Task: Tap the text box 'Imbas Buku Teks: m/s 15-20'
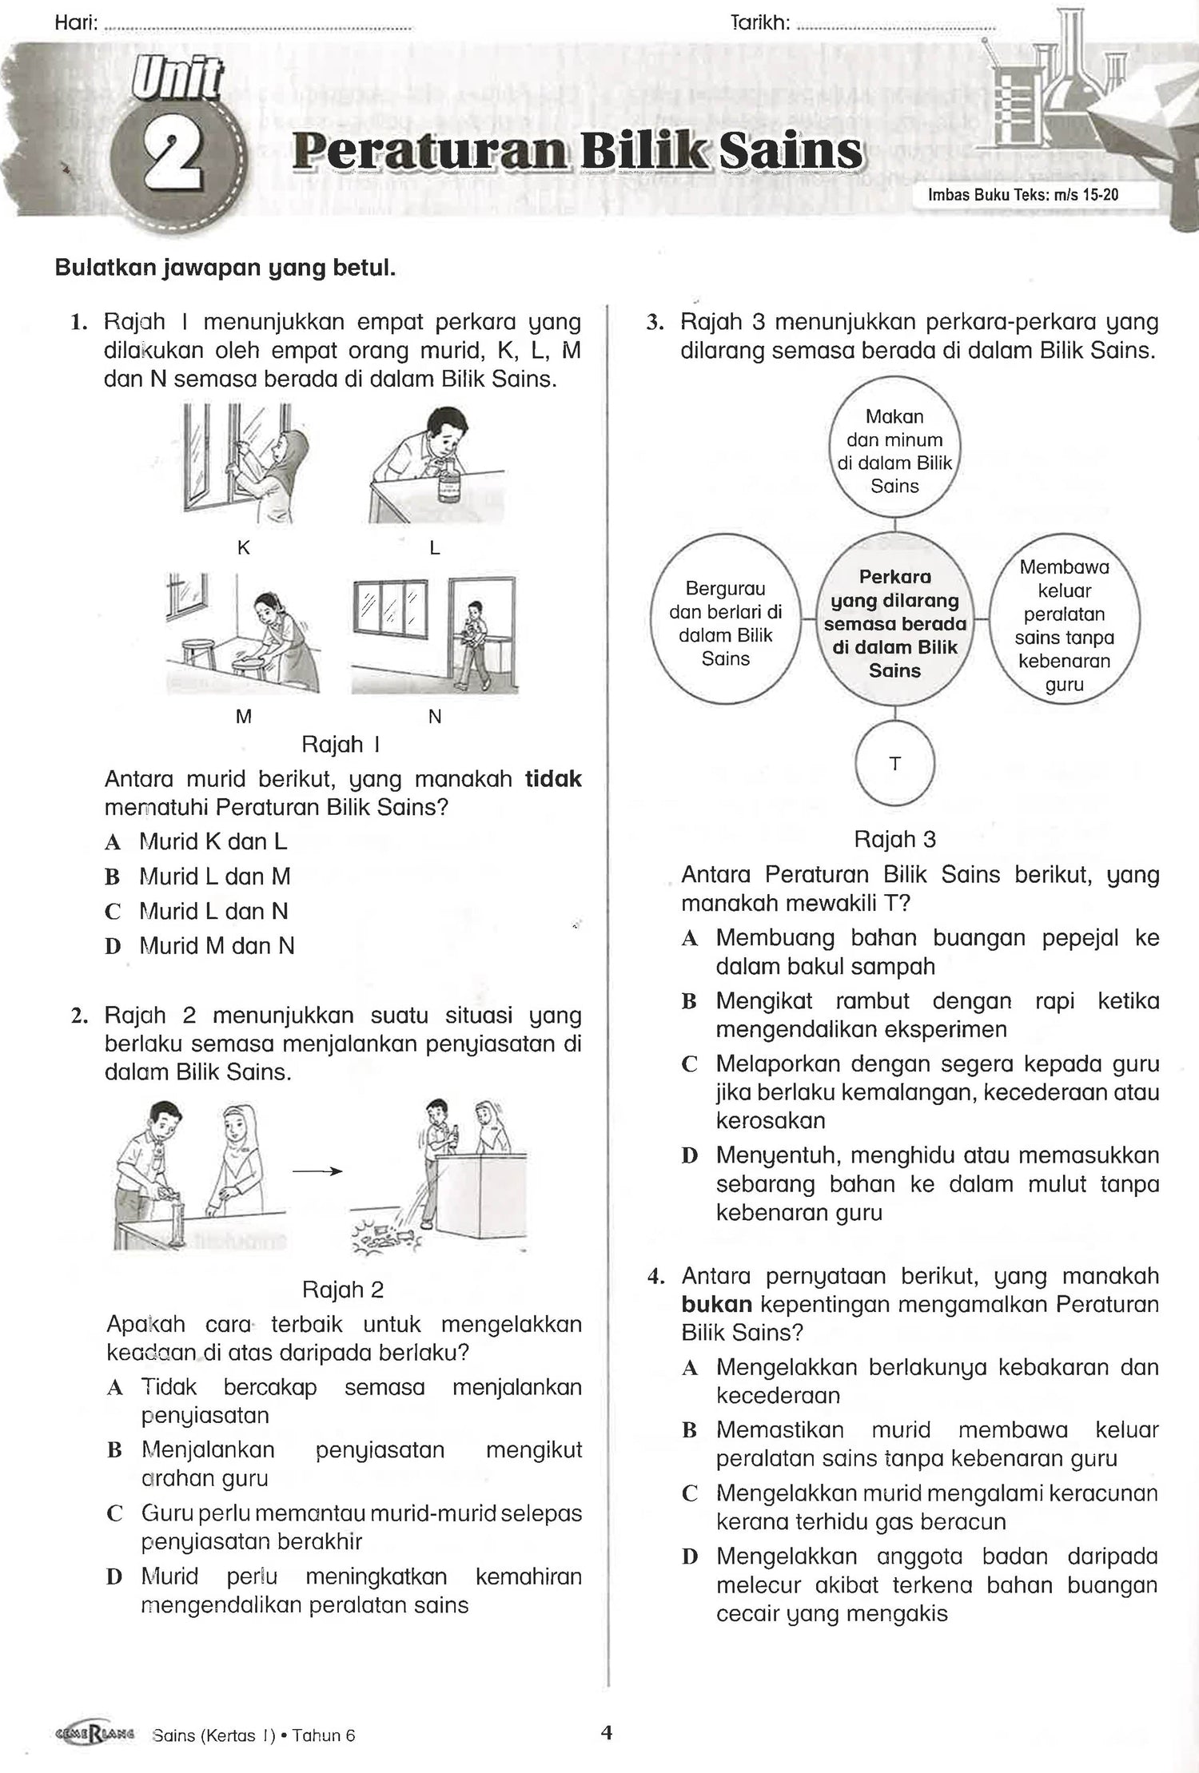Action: point(1022,194)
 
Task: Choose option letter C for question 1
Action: point(113,912)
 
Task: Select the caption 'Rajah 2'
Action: point(343,1290)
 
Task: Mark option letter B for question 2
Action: point(114,1450)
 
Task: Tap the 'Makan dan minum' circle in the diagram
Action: point(894,451)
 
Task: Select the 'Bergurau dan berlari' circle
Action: point(725,623)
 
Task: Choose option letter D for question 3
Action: point(690,1156)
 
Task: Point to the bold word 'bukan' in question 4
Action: point(716,1305)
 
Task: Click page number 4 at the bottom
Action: point(607,1731)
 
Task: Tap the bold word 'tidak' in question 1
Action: point(553,779)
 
